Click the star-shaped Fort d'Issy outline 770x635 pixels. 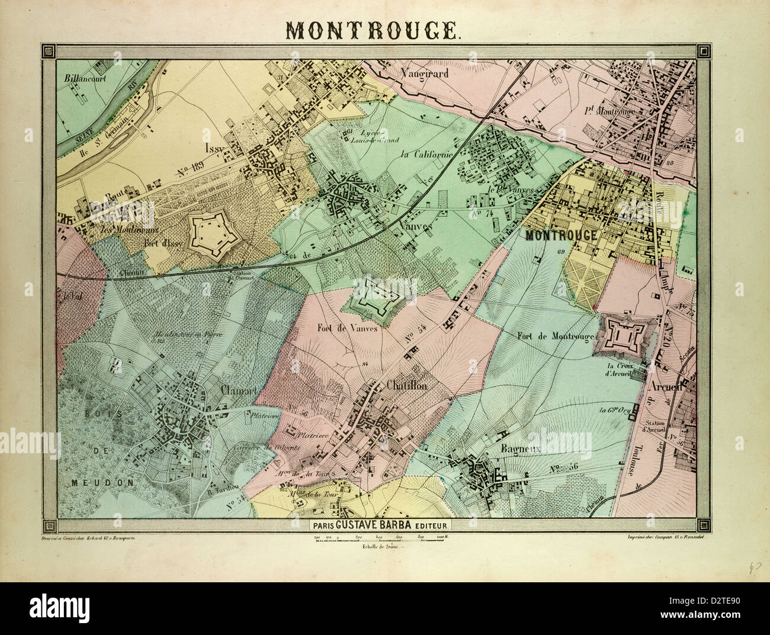(214, 233)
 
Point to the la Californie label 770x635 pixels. (426, 155)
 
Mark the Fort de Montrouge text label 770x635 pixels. (556, 336)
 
